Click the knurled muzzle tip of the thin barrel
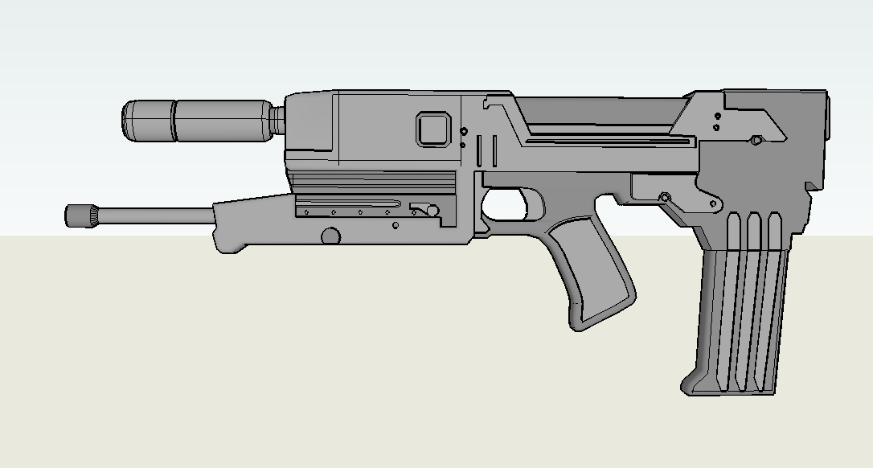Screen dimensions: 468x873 pos(80,216)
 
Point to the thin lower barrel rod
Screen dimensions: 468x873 pos(153,214)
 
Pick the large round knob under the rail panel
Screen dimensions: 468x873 pos(330,236)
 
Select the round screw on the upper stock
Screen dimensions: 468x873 pos(756,140)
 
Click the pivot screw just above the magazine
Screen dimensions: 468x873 pos(665,197)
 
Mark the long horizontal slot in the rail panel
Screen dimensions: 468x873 pos(350,201)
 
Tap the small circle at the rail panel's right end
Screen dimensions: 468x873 pos(432,211)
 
